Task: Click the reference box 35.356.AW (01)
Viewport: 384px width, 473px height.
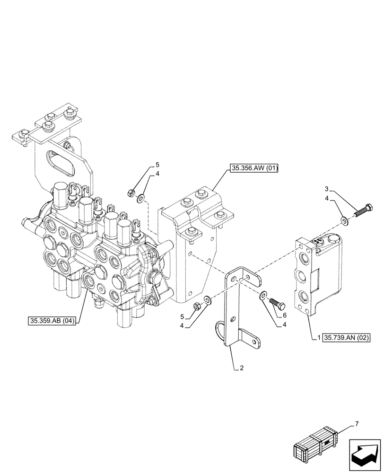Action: click(254, 168)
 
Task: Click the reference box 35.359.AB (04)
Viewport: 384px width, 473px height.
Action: click(52, 321)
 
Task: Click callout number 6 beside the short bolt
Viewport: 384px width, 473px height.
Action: click(284, 314)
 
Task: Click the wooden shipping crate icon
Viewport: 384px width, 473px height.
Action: click(315, 444)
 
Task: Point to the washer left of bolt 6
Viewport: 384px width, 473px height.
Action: click(262, 296)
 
